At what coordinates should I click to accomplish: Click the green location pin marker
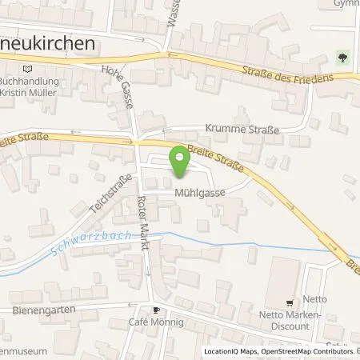[x=181, y=162]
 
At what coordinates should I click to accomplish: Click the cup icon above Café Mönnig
[x=158, y=309]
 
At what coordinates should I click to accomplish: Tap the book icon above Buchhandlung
[x=30, y=69]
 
